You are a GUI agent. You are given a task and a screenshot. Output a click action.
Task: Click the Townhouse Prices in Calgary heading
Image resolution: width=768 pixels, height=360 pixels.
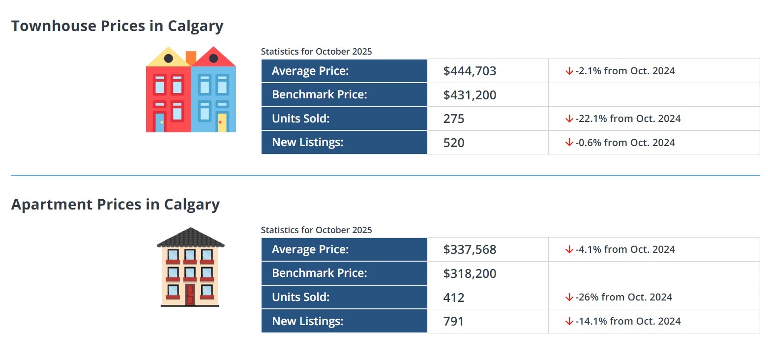pos(117,26)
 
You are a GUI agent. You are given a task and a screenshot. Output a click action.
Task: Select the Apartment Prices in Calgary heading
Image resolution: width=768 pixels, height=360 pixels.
pos(115,205)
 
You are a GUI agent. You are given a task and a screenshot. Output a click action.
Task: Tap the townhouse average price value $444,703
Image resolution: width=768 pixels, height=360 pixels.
pos(470,71)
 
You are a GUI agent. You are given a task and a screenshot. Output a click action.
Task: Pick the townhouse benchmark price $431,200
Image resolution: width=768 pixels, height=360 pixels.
pos(470,95)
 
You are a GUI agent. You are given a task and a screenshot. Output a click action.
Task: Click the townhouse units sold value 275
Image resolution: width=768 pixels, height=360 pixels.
pos(453,119)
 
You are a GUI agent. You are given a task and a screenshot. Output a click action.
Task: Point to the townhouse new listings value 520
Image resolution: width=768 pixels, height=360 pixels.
pos(453,143)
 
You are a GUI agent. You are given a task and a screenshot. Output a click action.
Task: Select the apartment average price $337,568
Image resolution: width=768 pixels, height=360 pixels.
pos(470,250)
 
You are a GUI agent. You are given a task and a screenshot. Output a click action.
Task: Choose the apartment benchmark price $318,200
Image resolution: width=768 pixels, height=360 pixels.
pos(470,273)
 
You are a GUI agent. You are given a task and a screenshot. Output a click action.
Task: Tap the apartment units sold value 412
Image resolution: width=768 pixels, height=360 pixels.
pos(453,298)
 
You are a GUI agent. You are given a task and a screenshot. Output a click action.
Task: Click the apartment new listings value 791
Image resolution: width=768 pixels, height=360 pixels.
pos(453,321)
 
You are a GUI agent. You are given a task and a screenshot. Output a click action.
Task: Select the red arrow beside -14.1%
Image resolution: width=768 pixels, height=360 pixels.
pos(569,322)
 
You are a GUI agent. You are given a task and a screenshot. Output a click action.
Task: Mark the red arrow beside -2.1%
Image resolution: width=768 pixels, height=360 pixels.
pos(569,71)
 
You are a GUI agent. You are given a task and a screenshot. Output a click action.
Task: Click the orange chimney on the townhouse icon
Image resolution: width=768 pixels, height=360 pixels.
pos(191,57)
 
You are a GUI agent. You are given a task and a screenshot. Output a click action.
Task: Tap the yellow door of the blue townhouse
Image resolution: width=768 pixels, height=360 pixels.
pos(222,123)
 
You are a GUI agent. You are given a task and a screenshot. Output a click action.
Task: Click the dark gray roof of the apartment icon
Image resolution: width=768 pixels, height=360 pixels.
pos(190,238)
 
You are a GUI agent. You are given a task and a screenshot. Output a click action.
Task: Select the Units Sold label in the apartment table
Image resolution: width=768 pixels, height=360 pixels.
pos(300,298)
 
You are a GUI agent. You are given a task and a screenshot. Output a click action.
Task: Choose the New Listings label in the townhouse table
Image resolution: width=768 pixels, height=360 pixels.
pos(307,143)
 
